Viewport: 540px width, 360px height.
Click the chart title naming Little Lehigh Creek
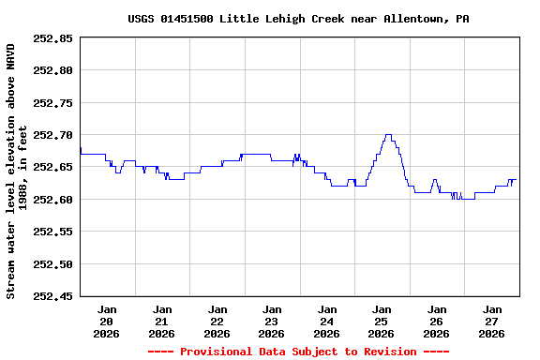coord(298,19)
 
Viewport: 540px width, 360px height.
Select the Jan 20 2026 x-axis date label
coord(107,321)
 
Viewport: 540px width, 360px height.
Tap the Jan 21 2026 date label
coord(162,321)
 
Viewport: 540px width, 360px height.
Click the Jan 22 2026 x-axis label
coord(217,321)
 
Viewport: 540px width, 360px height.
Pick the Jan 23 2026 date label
coord(272,321)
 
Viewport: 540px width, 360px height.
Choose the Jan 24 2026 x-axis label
coord(327,321)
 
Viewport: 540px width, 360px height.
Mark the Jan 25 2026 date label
coord(382,321)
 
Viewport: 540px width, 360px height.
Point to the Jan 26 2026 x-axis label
coord(437,321)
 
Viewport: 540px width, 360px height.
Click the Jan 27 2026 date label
coord(491,321)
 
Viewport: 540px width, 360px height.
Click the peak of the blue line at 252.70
coord(388,135)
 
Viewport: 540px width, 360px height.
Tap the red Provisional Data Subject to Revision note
coord(299,352)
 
